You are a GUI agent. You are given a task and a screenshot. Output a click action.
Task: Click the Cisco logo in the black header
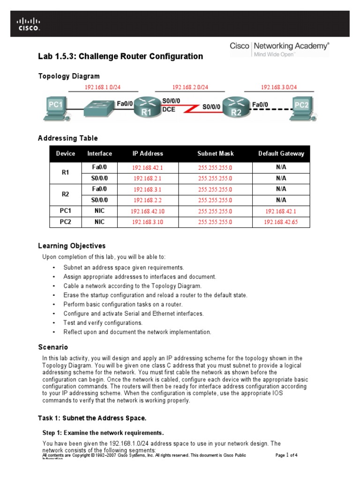tap(29, 24)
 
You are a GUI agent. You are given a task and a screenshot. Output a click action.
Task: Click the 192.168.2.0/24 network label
tap(190, 87)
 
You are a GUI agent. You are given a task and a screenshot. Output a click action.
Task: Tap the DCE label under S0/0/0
tap(169, 109)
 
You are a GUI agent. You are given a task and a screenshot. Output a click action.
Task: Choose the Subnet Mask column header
tap(215, 153)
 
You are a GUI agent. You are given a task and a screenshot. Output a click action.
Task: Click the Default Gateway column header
tap(281, 153)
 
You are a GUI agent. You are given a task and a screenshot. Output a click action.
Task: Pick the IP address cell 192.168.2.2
tap(148, 200)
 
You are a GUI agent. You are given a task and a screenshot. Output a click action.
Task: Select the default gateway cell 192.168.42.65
tap(281, 222)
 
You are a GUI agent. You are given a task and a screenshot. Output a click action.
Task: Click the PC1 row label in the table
tap(66, 211)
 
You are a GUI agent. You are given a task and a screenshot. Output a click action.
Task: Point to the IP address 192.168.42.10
tap(148, 211)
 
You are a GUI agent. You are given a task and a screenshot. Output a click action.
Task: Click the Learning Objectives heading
tap(72, 246)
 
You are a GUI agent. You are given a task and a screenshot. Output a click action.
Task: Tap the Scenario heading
tap(53, 347)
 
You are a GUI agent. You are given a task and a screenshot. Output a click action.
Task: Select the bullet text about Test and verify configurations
tap(105, 323)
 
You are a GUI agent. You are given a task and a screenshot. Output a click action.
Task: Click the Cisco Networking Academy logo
tap(279, 48)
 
